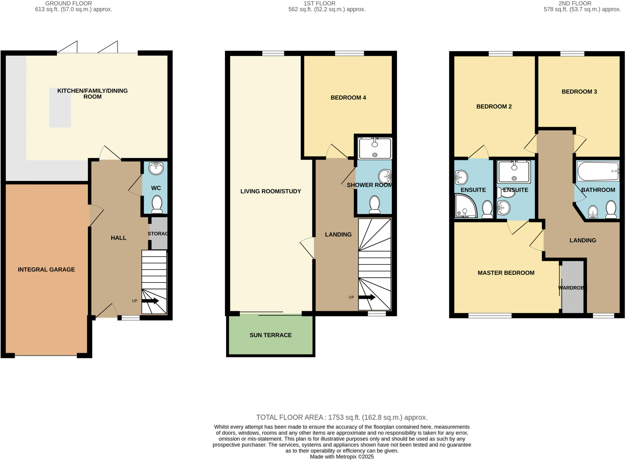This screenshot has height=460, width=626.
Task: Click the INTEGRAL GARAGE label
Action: (46, 269)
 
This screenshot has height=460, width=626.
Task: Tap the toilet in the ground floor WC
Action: (157, 204)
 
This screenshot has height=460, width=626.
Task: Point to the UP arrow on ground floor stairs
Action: (150, 301)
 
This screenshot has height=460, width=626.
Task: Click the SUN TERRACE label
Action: (271, 335)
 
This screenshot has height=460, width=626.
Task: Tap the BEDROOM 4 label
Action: (348, 97)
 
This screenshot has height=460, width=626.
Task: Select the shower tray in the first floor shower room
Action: (375, 148)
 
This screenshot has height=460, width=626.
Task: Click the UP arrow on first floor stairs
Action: (367, 297)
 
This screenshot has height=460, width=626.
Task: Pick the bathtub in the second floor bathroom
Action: (598, 171)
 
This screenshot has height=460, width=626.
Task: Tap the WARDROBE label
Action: (573, 288)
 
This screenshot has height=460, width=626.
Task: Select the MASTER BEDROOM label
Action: (506, 273)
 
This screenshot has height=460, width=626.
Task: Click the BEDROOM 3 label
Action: (579, 92)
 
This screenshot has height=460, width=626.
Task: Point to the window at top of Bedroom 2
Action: (500, 54)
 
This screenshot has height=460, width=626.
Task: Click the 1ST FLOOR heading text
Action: (319, 4)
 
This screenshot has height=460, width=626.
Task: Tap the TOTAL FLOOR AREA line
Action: (341, 417)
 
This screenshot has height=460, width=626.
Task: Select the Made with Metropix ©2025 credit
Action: (341, 457)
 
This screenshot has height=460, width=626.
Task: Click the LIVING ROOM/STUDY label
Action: (271, 191)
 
